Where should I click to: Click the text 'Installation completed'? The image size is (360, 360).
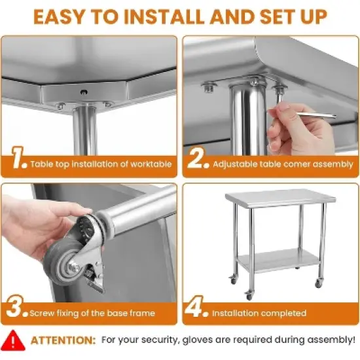(259, 313)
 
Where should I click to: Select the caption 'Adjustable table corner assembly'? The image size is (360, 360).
(283, 164)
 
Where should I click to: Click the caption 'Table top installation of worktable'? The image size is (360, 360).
(101, 164)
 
